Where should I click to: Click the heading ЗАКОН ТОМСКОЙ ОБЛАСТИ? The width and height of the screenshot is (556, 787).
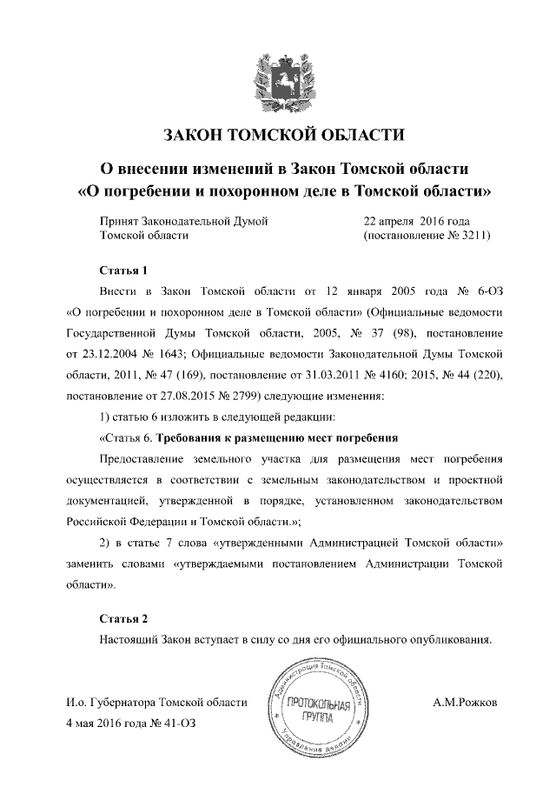pyautogui.click(x=277, y=134)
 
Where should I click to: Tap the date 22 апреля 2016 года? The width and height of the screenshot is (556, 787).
pyautogui.click(x=416, y=221)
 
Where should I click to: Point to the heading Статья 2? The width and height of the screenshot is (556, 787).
pyautogui.click(x=123, y=618)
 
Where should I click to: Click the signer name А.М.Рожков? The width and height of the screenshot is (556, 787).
pyautogui.click(x=465, y=702)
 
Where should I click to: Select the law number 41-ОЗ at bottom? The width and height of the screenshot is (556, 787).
pyautogui.click(x=178, y=724)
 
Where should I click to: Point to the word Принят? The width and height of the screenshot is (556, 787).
pyautogui.click(x=122, y=221)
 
